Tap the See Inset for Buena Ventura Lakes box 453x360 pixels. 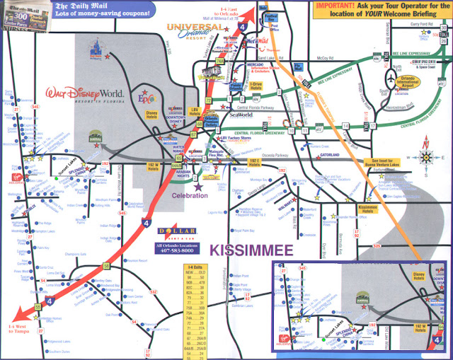[x=382, y=162]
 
